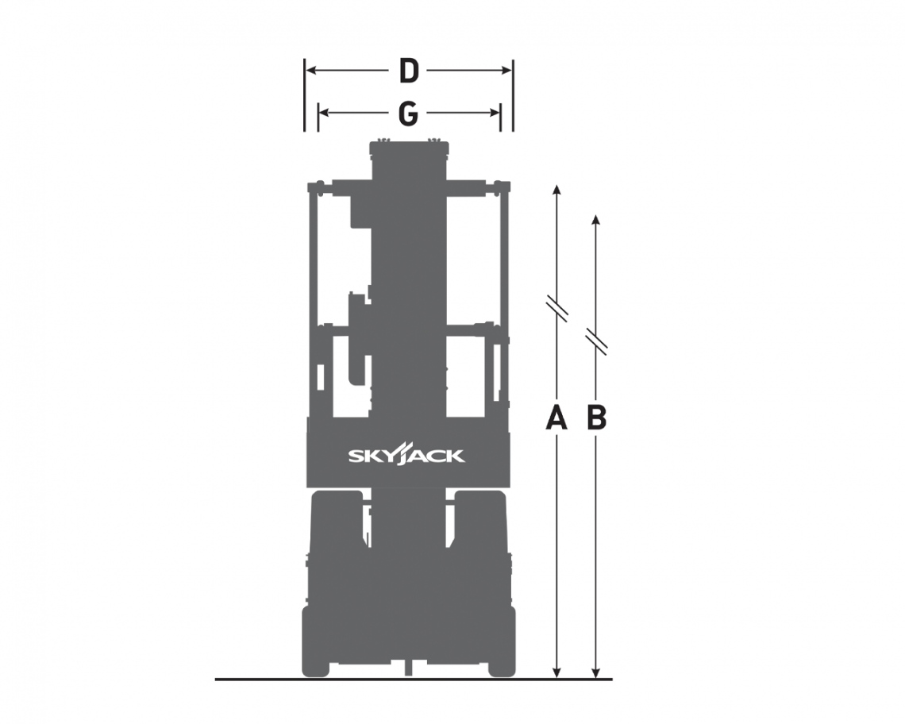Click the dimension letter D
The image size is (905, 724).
coord(408,71)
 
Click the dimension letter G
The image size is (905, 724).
coord(408,114)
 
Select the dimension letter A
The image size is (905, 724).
coord(556,418)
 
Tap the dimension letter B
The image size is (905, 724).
coord(596,418)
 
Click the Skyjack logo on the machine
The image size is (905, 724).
coord(406,456)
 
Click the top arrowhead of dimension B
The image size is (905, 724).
coord(596,219)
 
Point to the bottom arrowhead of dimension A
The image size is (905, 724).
coord(557,672)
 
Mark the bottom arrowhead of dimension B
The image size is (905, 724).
coord(596,672)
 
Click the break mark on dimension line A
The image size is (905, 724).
coord(557,309)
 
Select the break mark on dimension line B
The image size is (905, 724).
coord(596,341)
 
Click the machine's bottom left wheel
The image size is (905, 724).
coord(315,643)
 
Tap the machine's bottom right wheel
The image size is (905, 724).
coord(502,643)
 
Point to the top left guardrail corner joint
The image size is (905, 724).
coord(316,187)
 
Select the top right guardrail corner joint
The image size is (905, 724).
coord(501,187)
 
